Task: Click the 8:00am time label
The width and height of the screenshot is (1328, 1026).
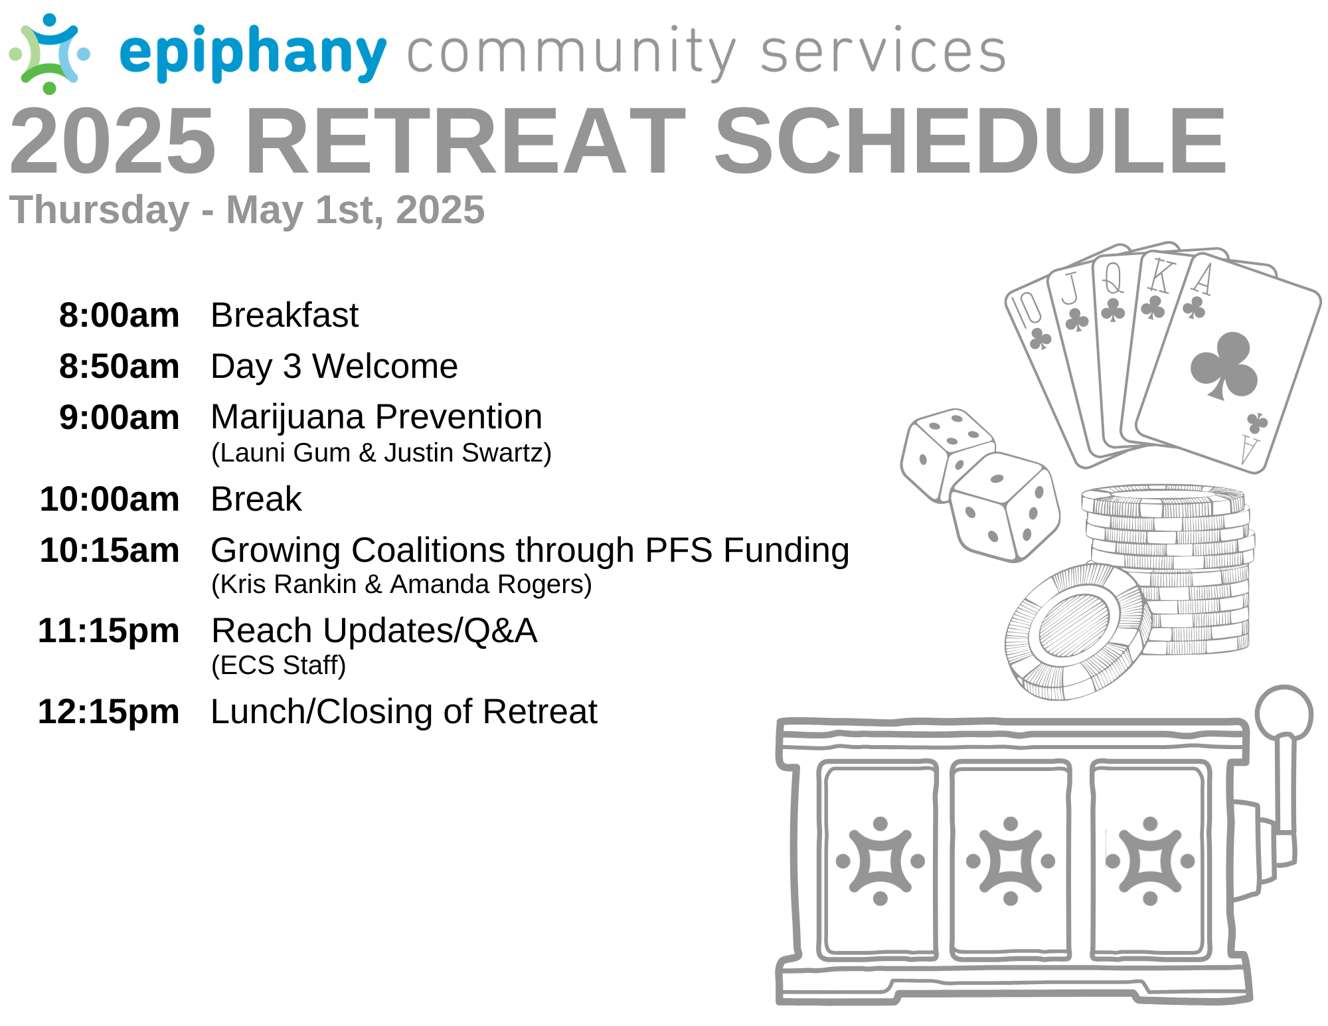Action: point(120,315)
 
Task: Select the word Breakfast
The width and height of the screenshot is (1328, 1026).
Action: point(284,315)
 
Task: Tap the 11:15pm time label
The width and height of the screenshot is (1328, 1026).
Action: point(109,631)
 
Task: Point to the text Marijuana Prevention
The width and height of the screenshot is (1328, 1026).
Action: point(376,418)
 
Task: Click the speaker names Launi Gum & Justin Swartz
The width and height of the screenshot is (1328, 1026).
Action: point(381,453)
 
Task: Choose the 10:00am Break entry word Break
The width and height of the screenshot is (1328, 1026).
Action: point(256,499)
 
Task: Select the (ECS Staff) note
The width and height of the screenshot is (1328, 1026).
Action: point(279,665)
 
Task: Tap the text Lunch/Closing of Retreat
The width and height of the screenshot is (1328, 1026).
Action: point(404,712)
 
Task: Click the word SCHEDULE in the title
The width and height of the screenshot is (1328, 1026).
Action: point(970,141)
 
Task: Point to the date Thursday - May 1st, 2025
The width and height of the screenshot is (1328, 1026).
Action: point(247,211)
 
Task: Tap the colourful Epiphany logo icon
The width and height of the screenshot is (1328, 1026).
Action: point(50,53)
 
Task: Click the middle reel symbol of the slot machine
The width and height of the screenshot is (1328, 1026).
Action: point(1011,861)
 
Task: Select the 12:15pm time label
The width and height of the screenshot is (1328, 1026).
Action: point(109,712)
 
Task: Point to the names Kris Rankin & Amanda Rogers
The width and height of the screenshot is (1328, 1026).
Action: point(402,584)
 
